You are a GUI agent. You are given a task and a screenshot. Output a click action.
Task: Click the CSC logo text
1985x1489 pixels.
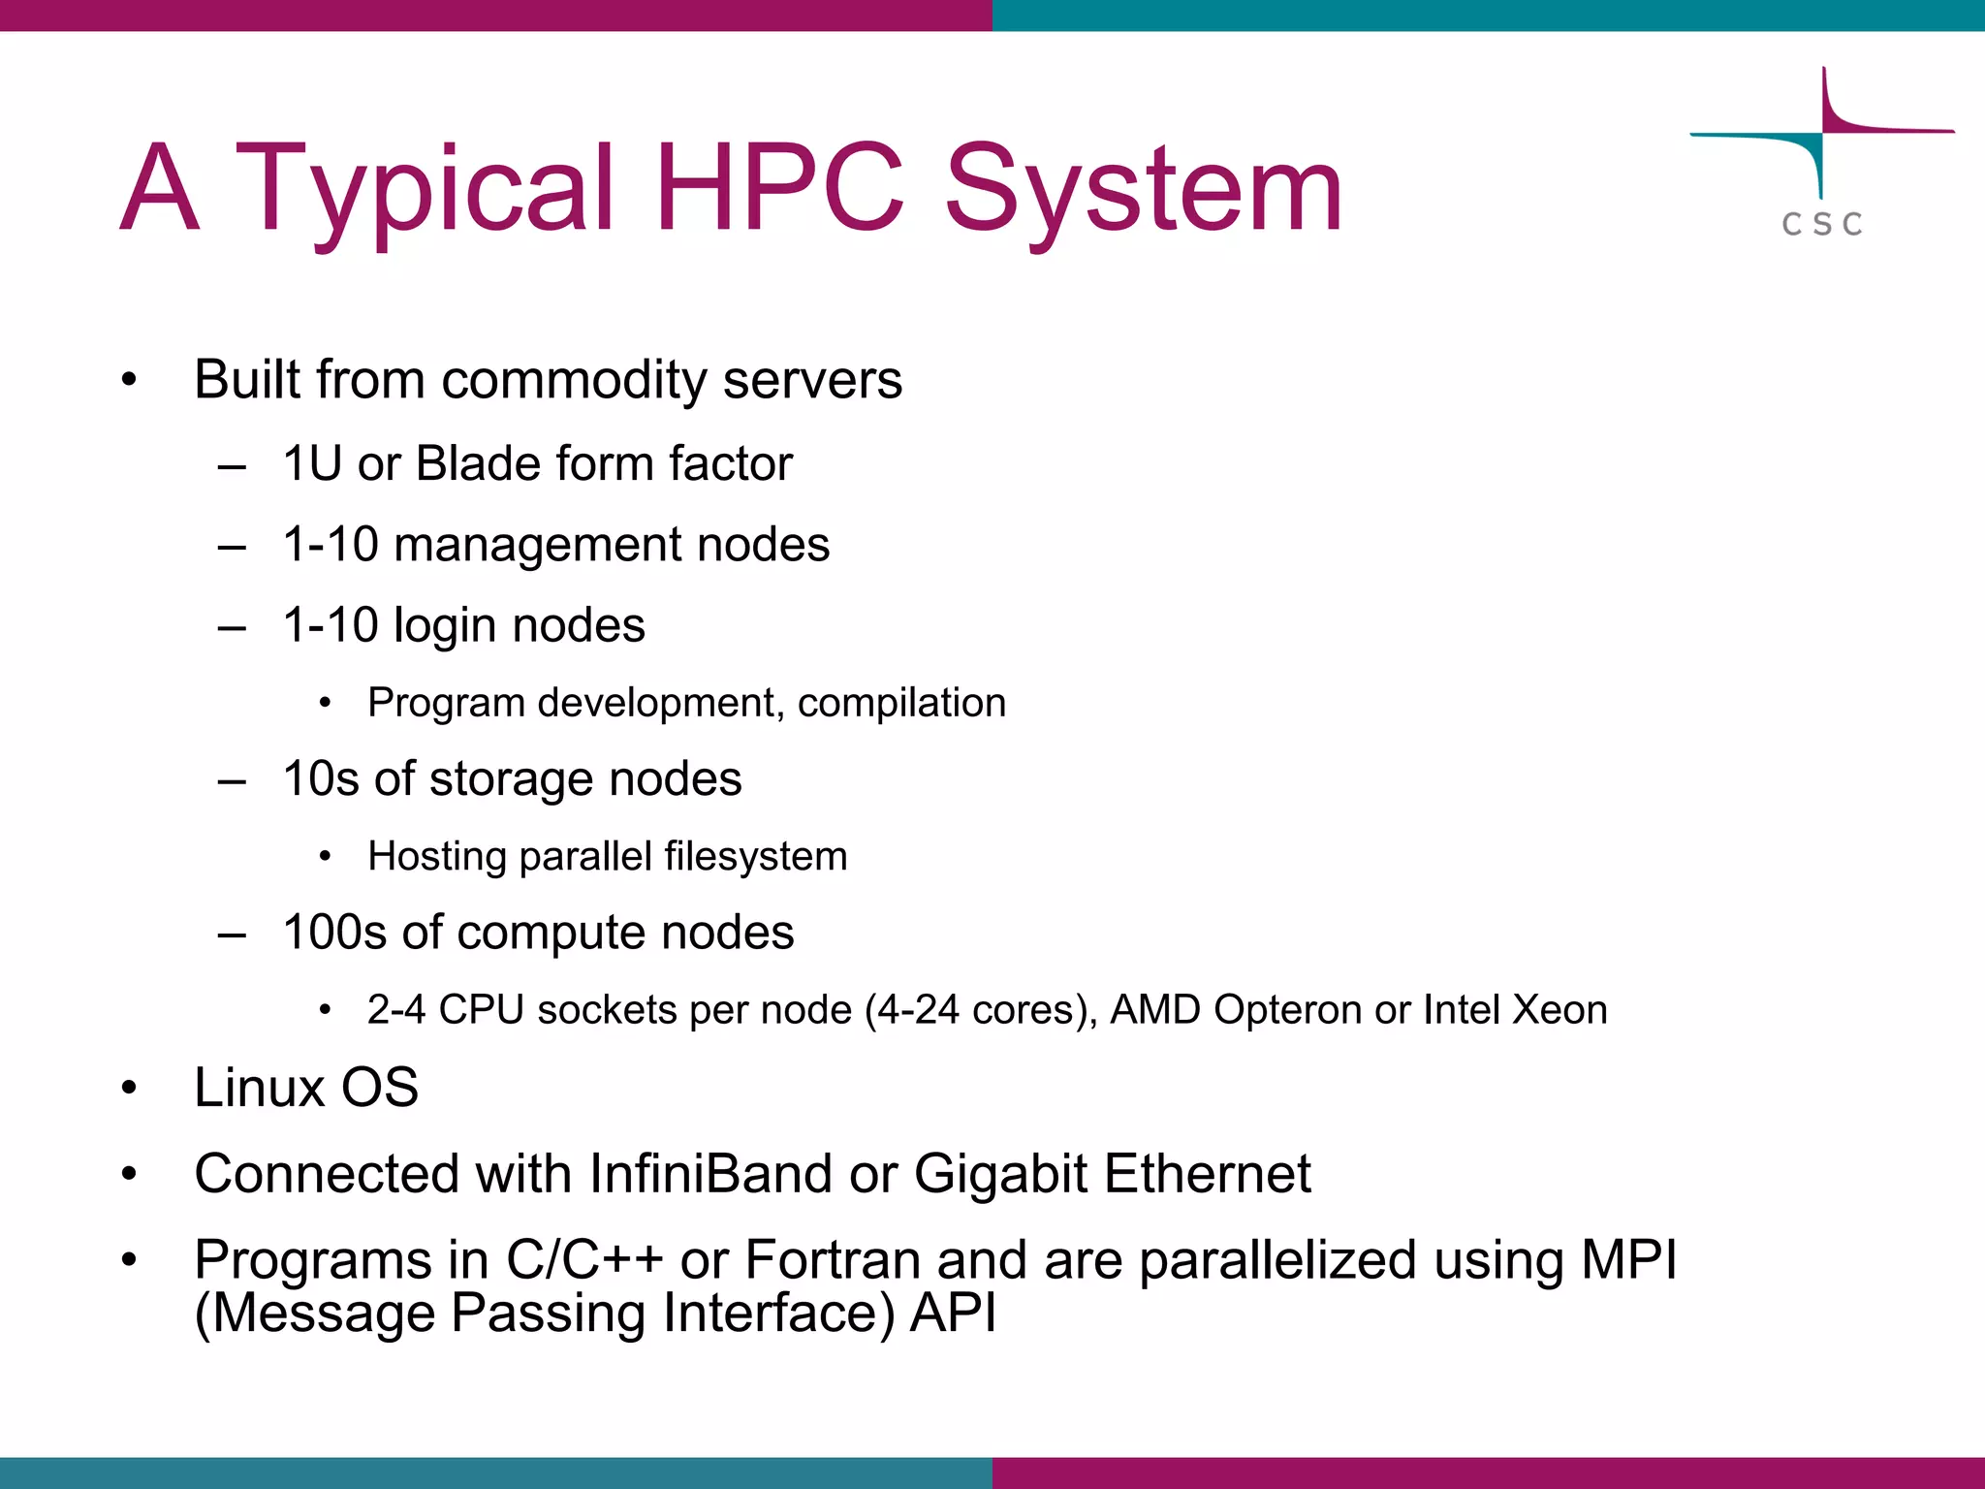coord(1822,224)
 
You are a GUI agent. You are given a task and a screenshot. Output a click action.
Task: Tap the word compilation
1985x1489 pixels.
coord(901,703)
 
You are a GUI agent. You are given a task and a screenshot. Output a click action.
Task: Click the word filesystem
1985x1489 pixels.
coord(755,857)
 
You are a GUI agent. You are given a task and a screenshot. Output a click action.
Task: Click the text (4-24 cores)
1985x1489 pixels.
coord(981,1010)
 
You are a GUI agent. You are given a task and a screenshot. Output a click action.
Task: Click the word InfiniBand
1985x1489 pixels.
coord(710,1174)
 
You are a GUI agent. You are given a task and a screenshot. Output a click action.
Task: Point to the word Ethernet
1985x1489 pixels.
coord(1207,1174)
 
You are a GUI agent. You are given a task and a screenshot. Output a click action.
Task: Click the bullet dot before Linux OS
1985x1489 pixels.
coord(130,1089)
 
